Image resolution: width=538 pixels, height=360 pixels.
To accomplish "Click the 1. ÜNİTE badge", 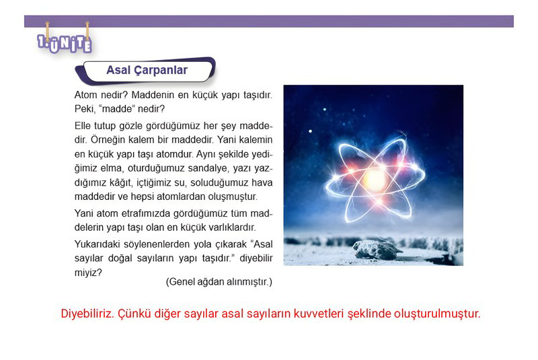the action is coord(65,44).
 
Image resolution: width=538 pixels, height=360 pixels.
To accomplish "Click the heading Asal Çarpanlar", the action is coord(147,70).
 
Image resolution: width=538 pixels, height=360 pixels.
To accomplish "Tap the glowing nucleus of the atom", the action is coord(375,179).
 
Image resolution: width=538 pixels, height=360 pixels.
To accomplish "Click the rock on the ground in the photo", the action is coord(377,249).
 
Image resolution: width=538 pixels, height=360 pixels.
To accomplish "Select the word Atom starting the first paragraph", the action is coord(86,95).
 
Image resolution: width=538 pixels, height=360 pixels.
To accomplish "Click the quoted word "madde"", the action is coord(116,109).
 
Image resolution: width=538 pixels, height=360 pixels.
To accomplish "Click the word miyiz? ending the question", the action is coord(88,273).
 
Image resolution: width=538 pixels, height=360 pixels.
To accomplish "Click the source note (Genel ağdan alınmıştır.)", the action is coord(219,282).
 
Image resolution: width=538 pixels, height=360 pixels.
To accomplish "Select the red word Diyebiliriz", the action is coord(87,314).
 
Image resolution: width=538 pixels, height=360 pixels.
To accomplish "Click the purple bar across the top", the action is coord(269,22).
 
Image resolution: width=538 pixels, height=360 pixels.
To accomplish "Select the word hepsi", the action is coord(142,197).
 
